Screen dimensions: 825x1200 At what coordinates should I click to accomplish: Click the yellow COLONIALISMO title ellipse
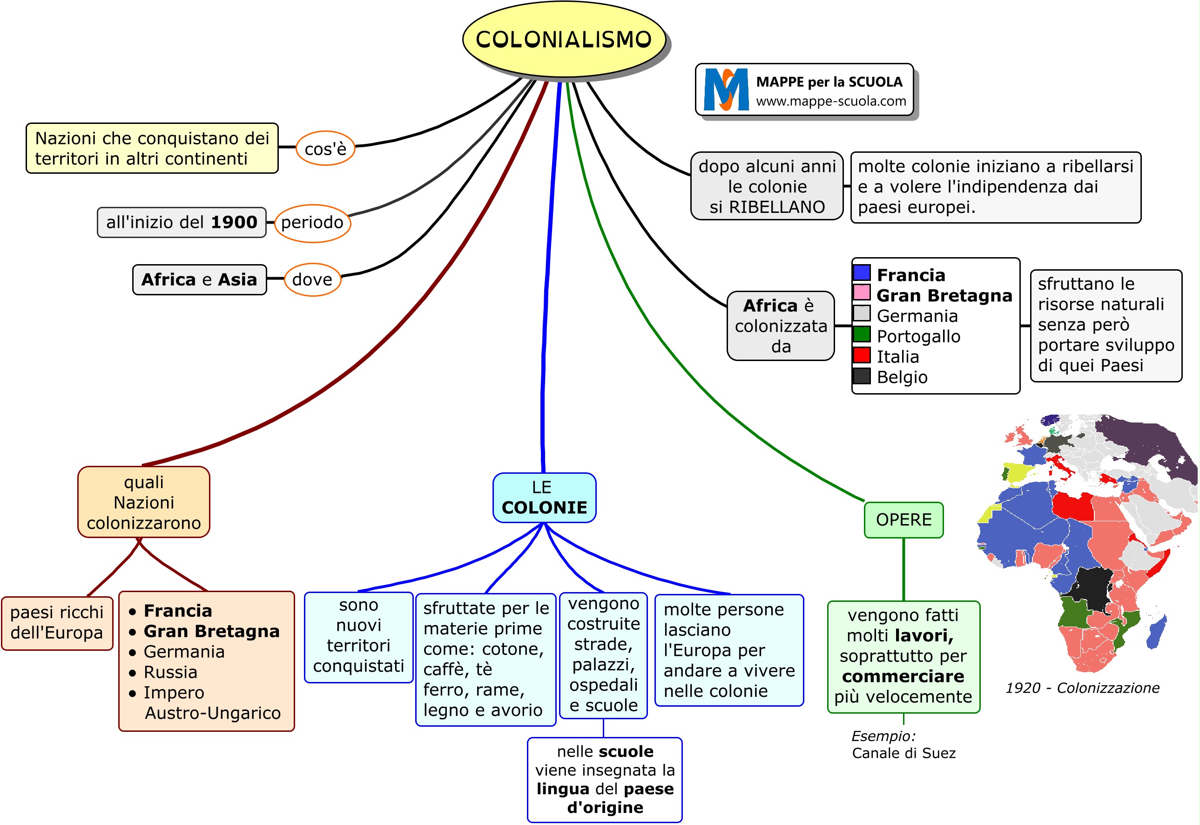(x=564, y=39)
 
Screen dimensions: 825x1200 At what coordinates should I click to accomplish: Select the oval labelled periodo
(x=312, y=223)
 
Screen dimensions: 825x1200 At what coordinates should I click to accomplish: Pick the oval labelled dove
(x=312, y=280)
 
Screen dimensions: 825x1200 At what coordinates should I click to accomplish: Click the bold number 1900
(x=234, y=222)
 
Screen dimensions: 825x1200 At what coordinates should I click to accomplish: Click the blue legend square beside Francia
(x=861, y=273)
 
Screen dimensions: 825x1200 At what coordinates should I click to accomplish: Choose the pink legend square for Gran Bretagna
(x=861, y=293)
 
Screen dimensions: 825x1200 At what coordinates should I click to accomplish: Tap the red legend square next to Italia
(x=861, y=355)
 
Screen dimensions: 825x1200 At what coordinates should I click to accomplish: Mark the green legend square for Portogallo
(x=861, y=334)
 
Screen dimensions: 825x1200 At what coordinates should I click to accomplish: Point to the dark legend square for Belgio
(x=861, y=376)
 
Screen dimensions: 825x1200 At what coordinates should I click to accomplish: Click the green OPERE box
(x=903, y=519)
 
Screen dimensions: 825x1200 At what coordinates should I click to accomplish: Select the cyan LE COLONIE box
(x=544, y=497)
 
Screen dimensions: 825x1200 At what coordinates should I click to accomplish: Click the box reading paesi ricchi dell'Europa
(x=57, y=622)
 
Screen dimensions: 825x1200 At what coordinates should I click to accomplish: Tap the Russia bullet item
(x=170, y=672)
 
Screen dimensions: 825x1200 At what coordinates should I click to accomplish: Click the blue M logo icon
(x=726, y=89)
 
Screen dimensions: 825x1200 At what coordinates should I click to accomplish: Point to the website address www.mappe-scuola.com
(x=831, y=101)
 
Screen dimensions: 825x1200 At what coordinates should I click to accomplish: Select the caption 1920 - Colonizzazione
(x=1082, y=688)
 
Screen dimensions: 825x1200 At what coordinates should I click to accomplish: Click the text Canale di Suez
(x=903, y=753)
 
